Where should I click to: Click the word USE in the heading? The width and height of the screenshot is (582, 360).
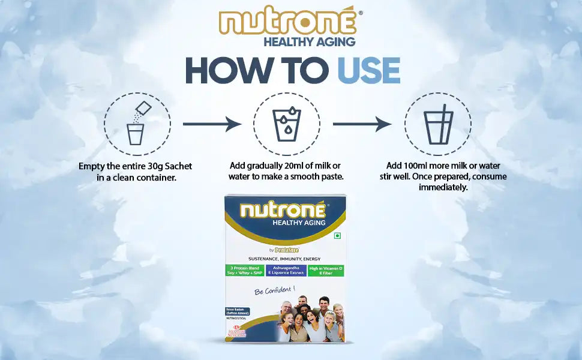point(368,70)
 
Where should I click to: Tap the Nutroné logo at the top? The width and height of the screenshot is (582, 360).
point(287,23)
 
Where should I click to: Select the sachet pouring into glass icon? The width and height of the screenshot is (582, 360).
point(137,125)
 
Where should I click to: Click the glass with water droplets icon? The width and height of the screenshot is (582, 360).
point(286,125)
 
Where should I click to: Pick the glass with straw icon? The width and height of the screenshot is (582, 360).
point(437,125)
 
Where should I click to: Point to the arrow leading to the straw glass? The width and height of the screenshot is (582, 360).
point(362,124)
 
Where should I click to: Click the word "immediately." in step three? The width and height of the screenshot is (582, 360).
point(443,187)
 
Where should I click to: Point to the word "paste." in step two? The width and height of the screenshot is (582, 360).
point(329,176)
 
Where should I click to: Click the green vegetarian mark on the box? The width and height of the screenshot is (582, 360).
point(337,236)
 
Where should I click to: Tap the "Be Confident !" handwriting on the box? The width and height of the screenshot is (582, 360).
point(275,290)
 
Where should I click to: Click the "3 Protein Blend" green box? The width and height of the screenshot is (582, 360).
point(246,270)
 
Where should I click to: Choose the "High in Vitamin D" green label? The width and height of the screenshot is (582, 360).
point(325,270)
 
